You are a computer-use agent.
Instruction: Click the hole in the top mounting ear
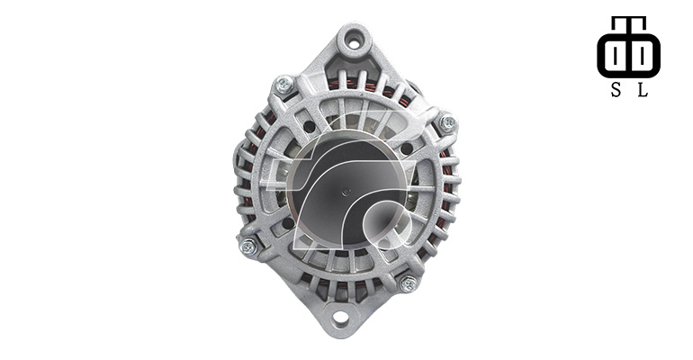354,43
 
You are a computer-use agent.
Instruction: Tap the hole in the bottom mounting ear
340,317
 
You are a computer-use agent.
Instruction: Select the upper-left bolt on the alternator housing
284,84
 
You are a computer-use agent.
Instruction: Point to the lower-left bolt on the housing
248,247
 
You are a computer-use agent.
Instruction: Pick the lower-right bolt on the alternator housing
409,283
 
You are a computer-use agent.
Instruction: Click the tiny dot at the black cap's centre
346,192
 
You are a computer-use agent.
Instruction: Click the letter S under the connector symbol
616,90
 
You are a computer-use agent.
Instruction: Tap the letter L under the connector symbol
643,90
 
